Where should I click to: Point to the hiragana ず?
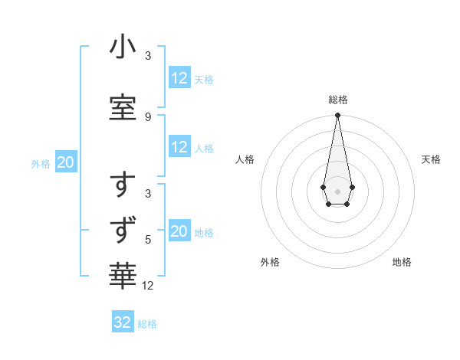tap(123, 229)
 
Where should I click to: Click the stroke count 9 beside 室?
tap(148, 116)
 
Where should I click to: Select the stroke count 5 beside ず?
tap(148, 238)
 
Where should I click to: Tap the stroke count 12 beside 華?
tap(148, 286)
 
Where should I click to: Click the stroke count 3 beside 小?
tap(148, 57)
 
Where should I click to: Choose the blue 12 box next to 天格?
tap(179, 78)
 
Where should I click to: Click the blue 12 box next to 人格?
tap(179, 148)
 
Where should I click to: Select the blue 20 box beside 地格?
tap(179, 232)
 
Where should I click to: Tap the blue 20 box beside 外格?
tap(66, 162)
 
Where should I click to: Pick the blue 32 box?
tap(123, 322)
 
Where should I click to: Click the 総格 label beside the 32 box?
tap(147, 324)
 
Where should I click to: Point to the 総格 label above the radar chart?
tap(337, 100)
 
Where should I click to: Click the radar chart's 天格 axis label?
tap(431, 159)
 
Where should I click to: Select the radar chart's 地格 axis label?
tap(402, 262)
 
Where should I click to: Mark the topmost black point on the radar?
tap(337, 116)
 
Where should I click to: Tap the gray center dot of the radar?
tap(337, 190)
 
